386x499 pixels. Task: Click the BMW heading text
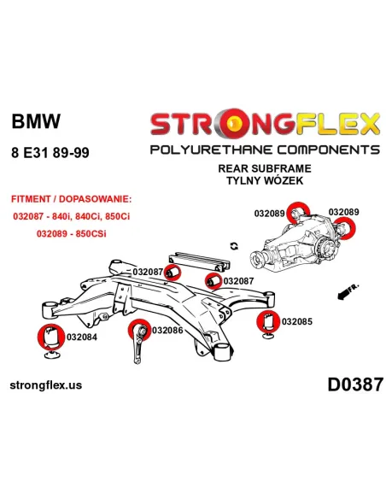[x=36, y=121]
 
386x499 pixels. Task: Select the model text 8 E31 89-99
[x=50, y=153]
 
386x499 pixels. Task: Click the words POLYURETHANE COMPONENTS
[x=265, y=150]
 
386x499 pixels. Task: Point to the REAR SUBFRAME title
[x=265, y=168]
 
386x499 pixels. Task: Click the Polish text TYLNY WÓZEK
[x=265, y=180]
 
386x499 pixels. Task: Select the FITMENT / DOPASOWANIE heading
[x=71, y=199]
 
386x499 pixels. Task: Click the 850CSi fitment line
[x=71, y=233]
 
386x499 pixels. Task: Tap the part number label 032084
[x=82, y=337]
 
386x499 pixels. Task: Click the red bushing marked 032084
[x=50, y=338]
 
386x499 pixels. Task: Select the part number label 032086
[x=167, y=331]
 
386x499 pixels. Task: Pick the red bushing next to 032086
[x=140, y=330]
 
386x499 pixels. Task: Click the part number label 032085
[x=297, y=321]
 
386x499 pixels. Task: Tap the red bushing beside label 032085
[x=268, y=321]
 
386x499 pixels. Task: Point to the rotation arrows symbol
[x=234, y=246]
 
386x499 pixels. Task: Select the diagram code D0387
[x=355, y=385]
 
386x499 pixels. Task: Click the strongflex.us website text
[x=46, y=385]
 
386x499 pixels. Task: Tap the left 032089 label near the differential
[x=269, y=214]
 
